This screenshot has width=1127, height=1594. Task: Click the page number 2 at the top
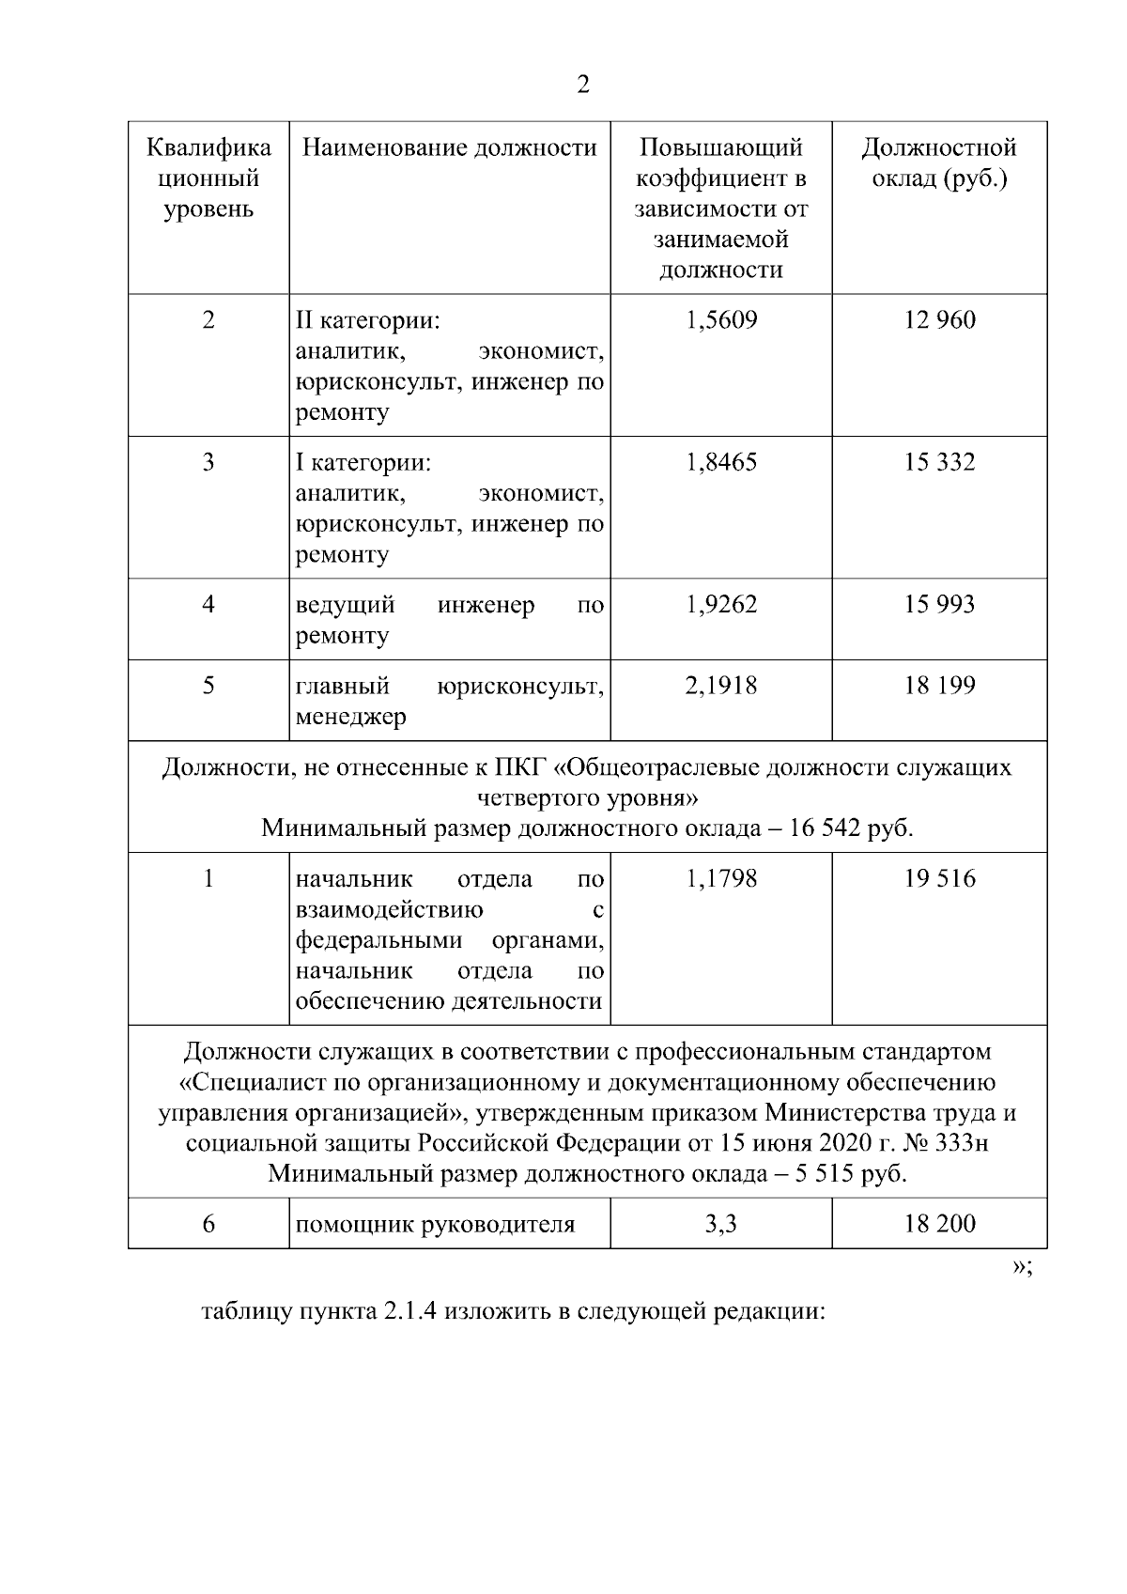tap(583, 85)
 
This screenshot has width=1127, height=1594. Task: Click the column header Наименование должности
tap(449, 147)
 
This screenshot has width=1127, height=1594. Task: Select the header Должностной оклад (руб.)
tap(939, 162)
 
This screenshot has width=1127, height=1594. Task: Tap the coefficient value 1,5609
tap(721, 320)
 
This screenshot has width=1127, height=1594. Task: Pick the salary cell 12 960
tap(939, 320)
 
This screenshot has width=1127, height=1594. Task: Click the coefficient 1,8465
tap(721, 462)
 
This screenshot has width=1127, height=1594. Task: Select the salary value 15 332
tap(939, 462)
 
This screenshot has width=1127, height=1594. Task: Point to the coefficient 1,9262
tap(721, 604)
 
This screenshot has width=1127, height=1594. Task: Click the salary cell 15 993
tap(939, 604)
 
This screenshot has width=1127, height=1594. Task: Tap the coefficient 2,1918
tap(721, 686)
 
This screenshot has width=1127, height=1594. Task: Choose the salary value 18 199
tap(939, 686)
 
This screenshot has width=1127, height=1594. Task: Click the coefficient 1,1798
tap(721, 879)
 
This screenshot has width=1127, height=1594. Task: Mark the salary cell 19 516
tap(939, 879)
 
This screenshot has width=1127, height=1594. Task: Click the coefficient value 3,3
tap(721, 1224)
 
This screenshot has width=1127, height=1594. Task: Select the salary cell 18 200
tap(939, 1224)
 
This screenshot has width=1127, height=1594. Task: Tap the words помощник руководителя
tap(435, 1224)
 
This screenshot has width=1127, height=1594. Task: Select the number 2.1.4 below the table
tap(409, 1311)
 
